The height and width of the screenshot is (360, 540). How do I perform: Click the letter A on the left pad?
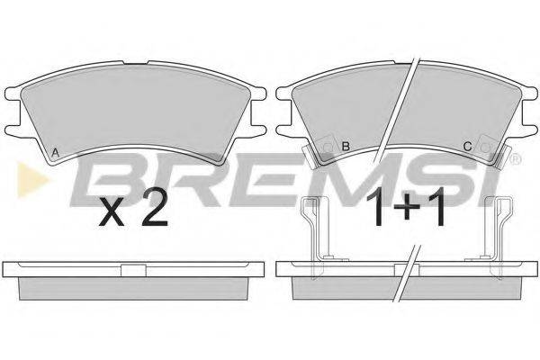click(55, 153)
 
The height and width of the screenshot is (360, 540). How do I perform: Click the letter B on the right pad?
click(346, 147)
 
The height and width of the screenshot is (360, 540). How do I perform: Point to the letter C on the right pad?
click(467, 147)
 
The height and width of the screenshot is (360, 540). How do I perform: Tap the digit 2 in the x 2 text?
click(155, 211)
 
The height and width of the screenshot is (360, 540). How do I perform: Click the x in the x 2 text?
click(112, 214)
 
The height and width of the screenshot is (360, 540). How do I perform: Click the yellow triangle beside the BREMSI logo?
click(31, 180)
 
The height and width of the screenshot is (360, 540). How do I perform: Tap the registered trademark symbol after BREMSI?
click(516, 158)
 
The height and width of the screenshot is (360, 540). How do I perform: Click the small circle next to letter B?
click(328, 148)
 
